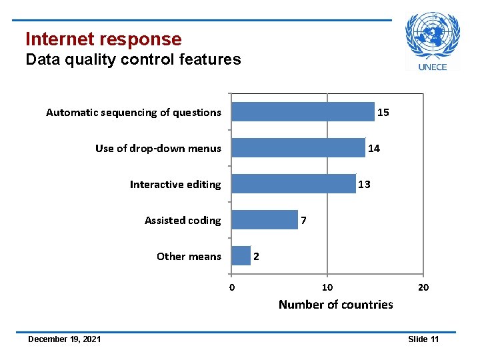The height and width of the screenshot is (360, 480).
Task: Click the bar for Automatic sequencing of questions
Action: pos(303,112)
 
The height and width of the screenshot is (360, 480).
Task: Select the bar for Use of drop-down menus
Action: pos(298,148)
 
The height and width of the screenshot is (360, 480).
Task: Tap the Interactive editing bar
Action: pos(293,184)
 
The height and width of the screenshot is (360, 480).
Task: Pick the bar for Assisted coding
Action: pos(265,220)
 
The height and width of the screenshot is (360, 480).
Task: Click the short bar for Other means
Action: pos(241,256)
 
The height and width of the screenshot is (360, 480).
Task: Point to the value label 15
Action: pos(383,113)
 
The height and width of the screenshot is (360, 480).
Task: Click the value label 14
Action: pos(374,149)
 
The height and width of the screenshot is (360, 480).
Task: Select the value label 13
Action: pos(365,185)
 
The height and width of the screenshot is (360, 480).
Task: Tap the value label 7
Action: pos(304,221)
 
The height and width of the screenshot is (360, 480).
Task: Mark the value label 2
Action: pos(257,257)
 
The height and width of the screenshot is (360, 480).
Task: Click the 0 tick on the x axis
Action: pos(231,288)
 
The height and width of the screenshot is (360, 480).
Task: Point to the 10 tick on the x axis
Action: pos(327,288)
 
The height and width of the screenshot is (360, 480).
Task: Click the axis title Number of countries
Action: pos(335,305)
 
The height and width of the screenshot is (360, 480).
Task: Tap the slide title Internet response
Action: pos(103,39)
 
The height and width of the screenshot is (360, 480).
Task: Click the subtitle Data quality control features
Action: pos(133,59)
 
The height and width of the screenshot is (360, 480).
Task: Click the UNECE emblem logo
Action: pos(433,41)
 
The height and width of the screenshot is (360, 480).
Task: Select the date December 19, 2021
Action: pos(65,339)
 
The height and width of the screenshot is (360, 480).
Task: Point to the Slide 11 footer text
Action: pos(423,339)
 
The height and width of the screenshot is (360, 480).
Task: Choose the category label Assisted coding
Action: pos(183,221)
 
